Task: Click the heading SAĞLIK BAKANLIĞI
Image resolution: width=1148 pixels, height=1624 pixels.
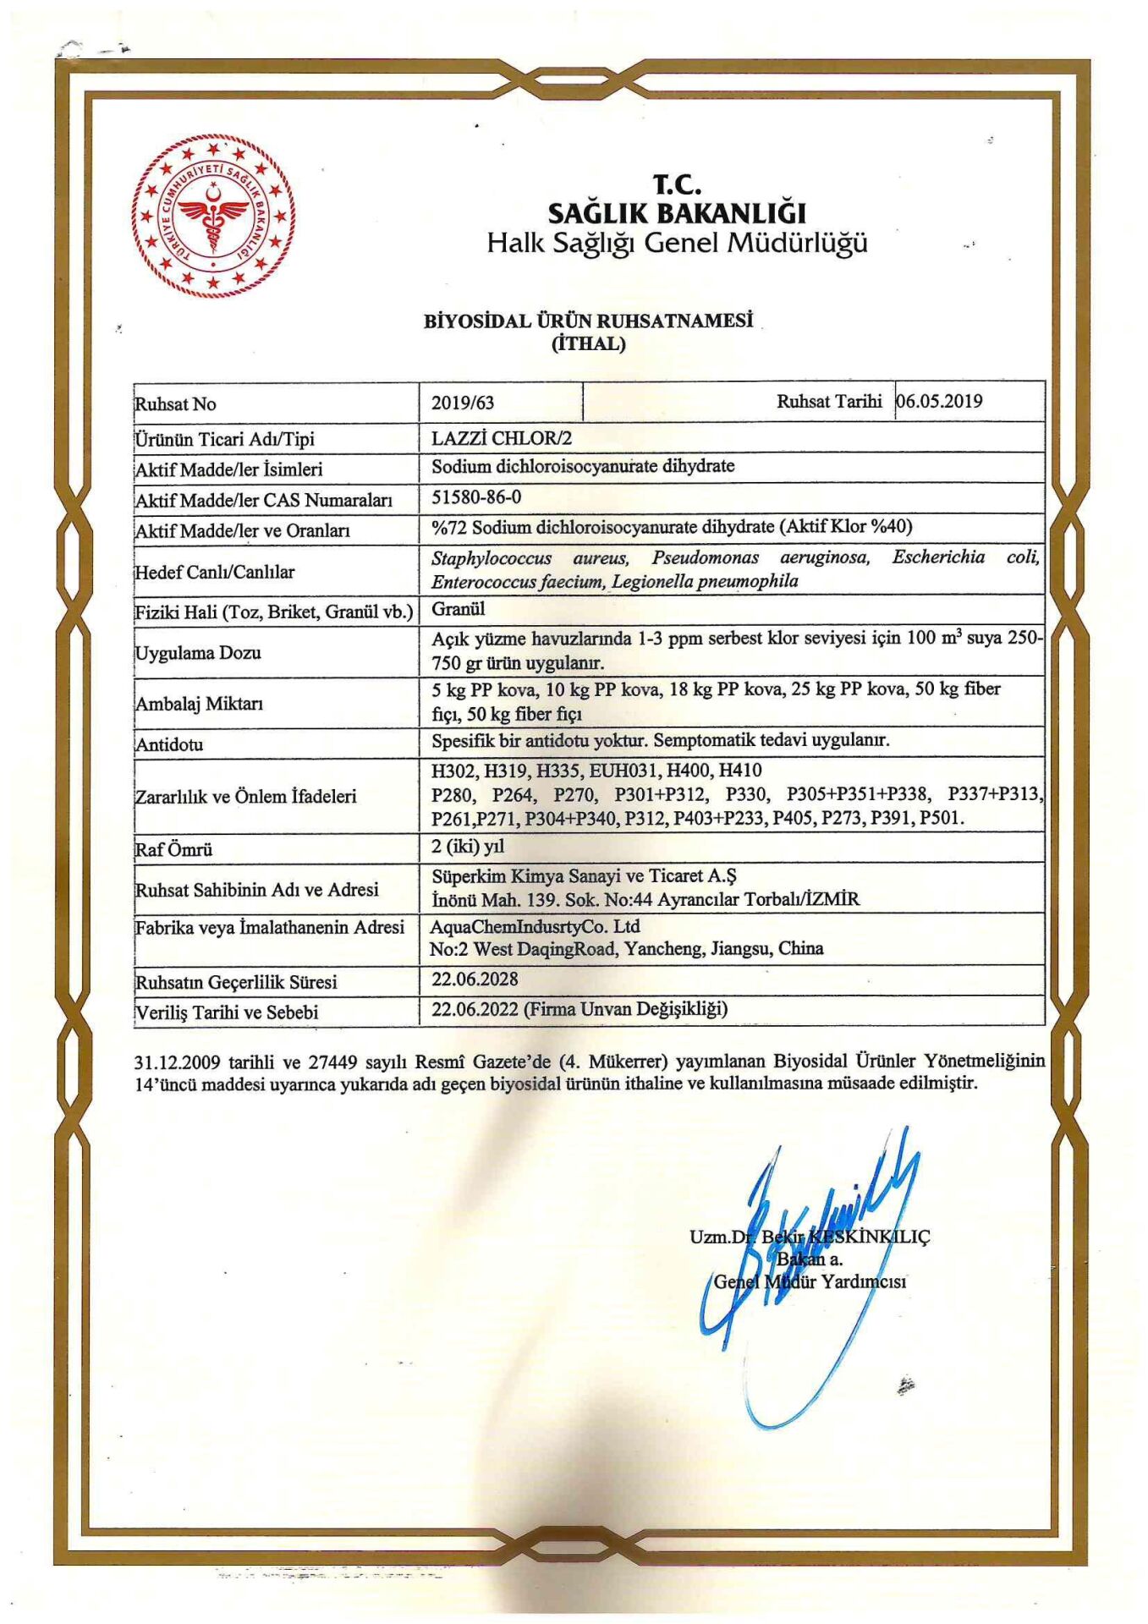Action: (677, 212)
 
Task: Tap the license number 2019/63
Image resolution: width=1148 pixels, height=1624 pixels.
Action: (463, 403)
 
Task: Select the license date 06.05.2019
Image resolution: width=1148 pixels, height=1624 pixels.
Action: (940, 401)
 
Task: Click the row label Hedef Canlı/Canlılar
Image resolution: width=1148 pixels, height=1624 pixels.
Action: (215, 572)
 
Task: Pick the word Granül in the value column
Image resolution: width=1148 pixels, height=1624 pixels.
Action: (459, 608)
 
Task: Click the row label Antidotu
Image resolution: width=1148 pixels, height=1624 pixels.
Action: (169, 744)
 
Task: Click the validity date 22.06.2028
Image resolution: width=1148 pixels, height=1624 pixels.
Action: (475, 979)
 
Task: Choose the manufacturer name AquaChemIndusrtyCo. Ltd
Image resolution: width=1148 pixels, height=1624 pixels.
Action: (535, 926)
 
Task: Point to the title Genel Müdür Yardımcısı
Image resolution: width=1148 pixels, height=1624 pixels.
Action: (810, 1281)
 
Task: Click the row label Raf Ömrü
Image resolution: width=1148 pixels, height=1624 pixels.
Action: (173, 848)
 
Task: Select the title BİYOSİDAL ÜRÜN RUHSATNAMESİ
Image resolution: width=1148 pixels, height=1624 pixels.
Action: (588, 321)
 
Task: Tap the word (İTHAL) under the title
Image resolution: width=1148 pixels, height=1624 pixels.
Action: (588, 344)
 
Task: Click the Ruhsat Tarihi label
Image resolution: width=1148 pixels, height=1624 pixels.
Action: (828, 401)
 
